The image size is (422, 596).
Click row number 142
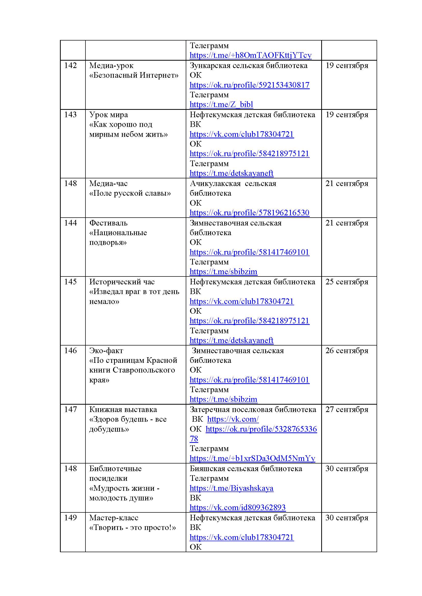(x=70, y=65)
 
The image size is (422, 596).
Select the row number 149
(x=70, y=518)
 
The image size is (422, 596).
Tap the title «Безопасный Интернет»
(x=134, y=75)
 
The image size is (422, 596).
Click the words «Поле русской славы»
(x=130, y=193)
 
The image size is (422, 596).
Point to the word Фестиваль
(x=108, y=223)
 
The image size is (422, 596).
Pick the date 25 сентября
(x=347, y=282)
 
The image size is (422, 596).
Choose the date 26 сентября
(x=347, y=350)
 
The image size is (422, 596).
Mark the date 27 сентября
(x=347, y=409)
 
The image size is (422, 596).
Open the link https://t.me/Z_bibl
(x=221, y=104)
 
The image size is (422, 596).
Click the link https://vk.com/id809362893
(x=238, y=508)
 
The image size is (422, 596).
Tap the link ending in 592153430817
(x=250, y=85)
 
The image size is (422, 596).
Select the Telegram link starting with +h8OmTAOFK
(x=250, y=55)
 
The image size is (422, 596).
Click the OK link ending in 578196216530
(x=250, y=213)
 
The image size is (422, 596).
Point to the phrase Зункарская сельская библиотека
(x=249, y=65)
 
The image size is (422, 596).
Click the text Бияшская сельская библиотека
(x=246, y=469)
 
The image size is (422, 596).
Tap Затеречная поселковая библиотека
(x=253, y=409)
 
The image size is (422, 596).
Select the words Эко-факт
(x=106, y=350)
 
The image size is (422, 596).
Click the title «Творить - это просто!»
(x=132, y=527)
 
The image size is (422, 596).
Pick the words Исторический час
(x=122, y=282)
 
